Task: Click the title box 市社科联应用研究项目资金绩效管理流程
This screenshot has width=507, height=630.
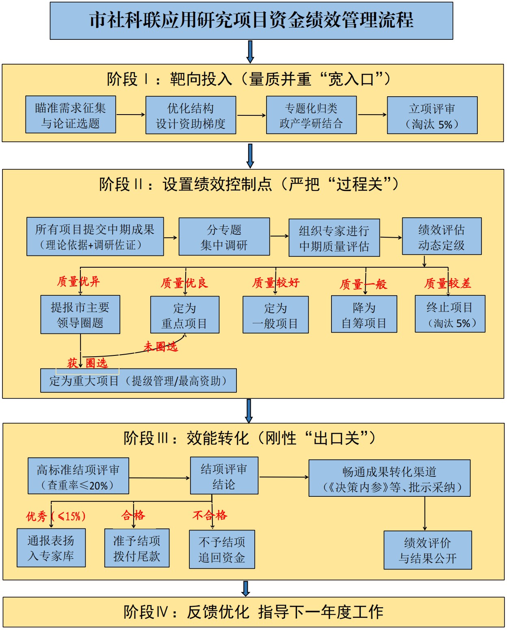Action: (251, 21)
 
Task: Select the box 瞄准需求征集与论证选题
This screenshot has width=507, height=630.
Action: (71, 115)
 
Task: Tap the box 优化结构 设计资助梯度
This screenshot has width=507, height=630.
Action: (191, 115)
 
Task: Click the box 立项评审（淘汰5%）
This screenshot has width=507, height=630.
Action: (432, 116)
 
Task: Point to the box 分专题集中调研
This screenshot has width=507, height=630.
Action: (224, 237)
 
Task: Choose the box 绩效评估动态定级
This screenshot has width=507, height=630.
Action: (442, 236)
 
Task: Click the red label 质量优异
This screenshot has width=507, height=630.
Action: (78, 281)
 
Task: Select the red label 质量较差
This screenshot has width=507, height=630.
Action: (448, 283)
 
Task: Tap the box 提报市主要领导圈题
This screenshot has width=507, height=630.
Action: (80, 315)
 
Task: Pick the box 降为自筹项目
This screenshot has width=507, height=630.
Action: (364, 315)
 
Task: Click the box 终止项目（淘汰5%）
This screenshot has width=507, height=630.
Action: (450, 314)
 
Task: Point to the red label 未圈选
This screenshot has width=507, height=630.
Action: (160, 346)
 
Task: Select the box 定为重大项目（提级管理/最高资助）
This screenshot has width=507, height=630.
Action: (138, 381)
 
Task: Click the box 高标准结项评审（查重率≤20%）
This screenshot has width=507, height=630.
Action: (78, 476)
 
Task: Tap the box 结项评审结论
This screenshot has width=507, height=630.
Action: (224, 476)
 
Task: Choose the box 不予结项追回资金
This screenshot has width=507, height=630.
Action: (222, 550)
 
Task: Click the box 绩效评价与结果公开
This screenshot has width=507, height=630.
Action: (427, 550)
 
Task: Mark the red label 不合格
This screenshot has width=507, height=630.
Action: (210, 515)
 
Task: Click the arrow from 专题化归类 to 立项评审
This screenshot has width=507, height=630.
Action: (372, 115)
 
